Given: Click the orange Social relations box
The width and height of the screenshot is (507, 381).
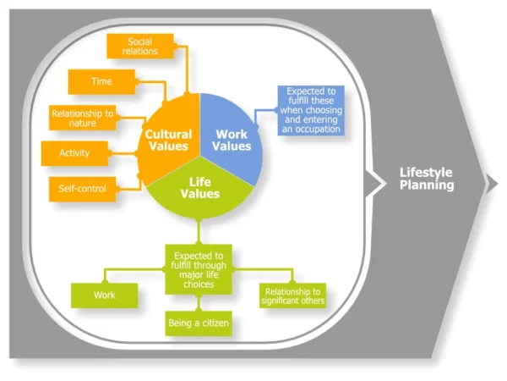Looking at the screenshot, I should pyautogui.click(x=140, y=47).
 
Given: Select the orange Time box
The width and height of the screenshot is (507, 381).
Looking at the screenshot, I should pyautogui.click(x=101, y=82).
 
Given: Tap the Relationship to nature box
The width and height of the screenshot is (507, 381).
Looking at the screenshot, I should pyautogui.click(x=83, y=119).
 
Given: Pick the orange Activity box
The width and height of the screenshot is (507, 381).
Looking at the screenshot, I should pyautogui.click(x=74, y=153).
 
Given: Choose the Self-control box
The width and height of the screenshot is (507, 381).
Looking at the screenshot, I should pyautogui.click(x=83, y=188).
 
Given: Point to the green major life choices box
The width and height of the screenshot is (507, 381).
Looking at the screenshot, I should pyautogui.click(x=199, y=270).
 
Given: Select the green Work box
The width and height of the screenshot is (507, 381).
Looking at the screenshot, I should pyautogui.click(x=105, y=295).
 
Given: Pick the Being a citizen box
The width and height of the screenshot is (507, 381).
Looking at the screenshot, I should pyautogui.click(x=199, y=323).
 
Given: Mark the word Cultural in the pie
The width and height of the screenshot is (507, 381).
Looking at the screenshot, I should pyautogui.click(x=168, y=134).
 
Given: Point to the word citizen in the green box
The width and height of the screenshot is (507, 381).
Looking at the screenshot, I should pyautogui.click(x=214, y=323).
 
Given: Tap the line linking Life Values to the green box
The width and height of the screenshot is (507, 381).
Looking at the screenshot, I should pyautogui.click(x=199, y=230).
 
